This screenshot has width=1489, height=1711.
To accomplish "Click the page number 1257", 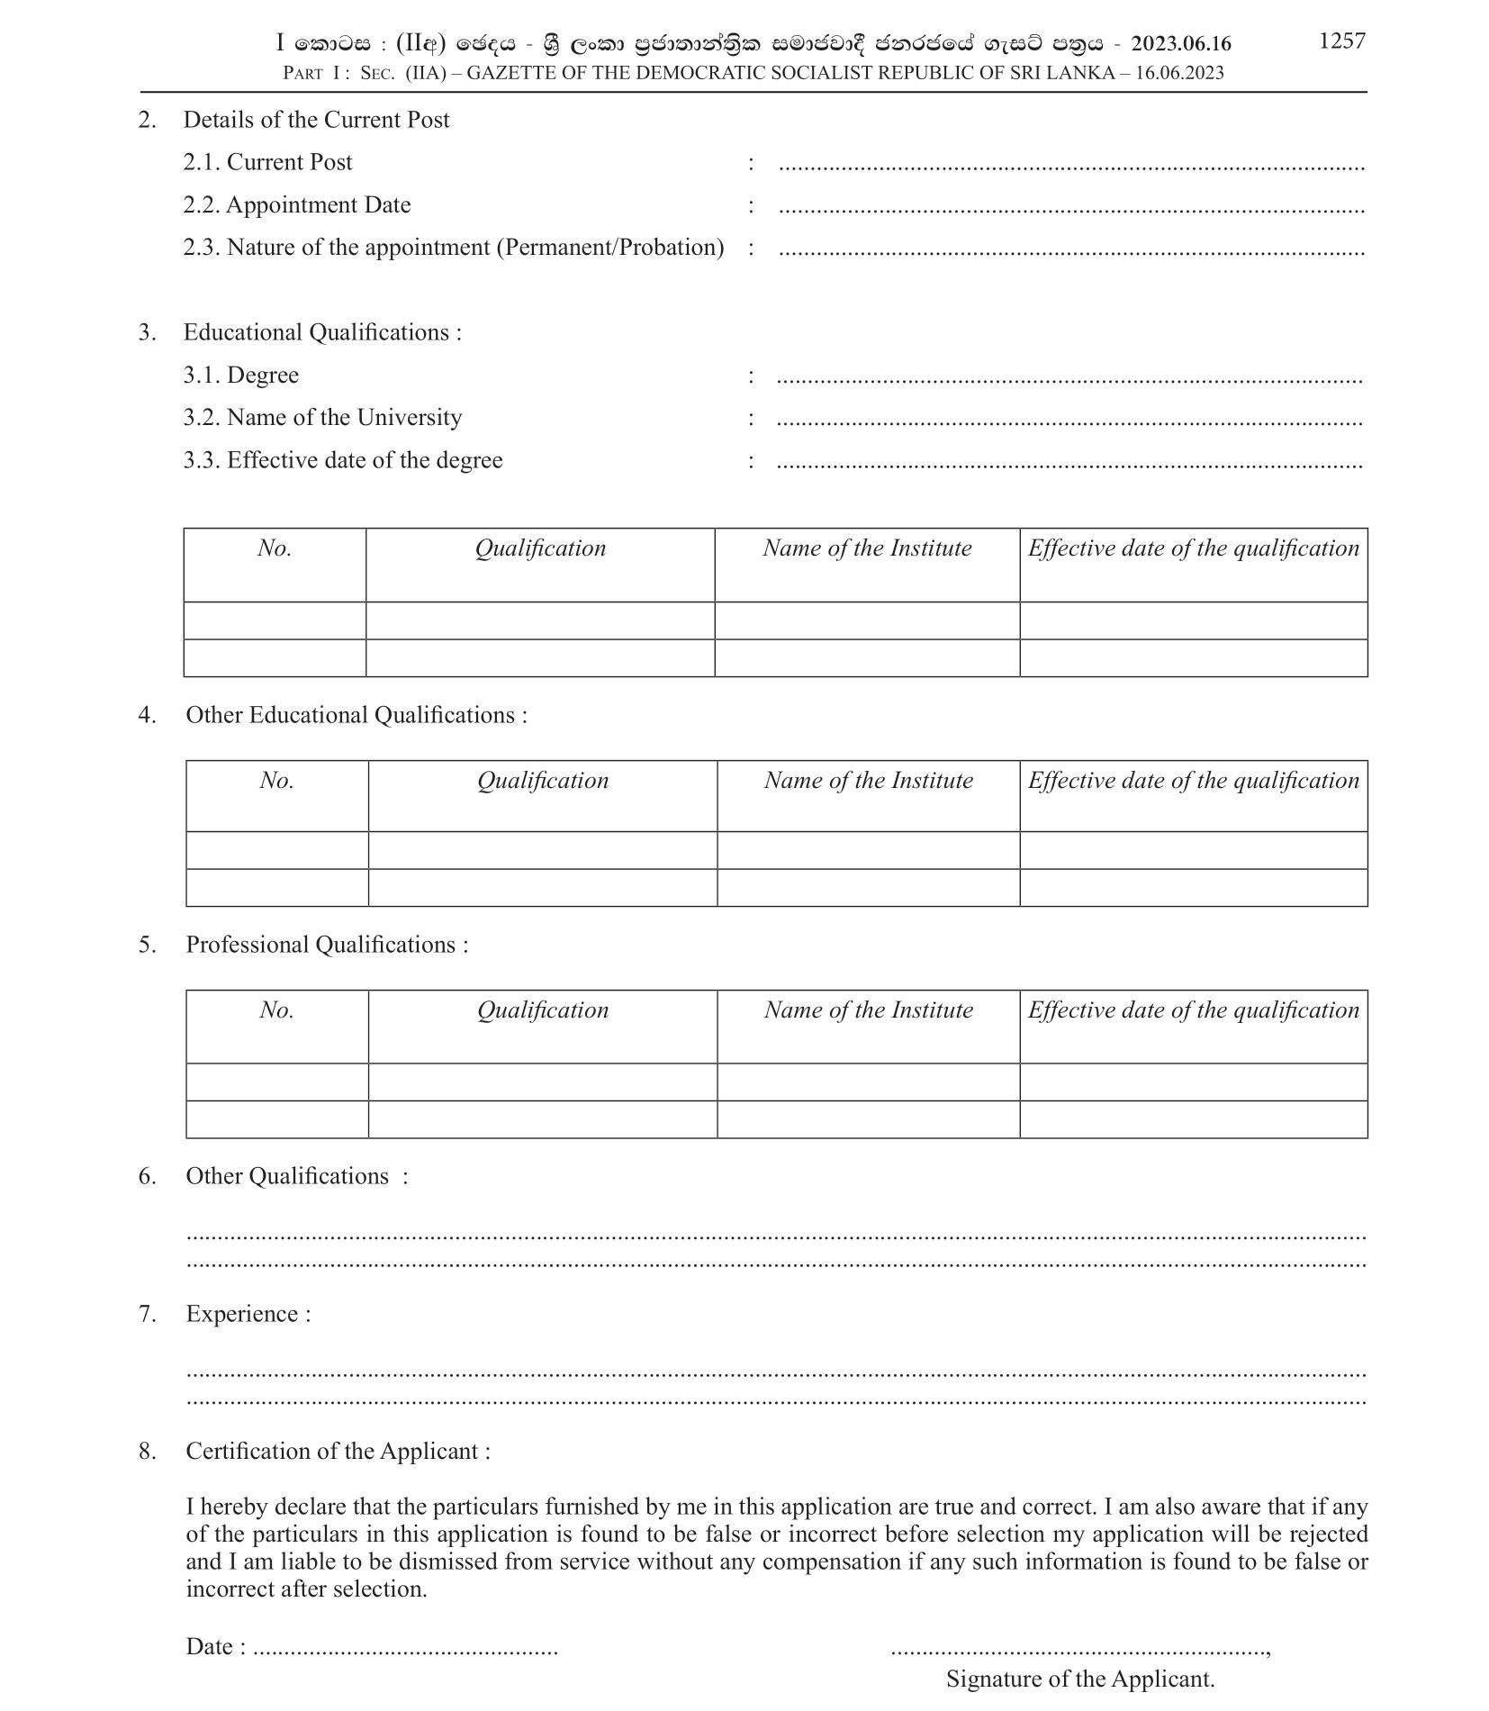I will coord(1341,41).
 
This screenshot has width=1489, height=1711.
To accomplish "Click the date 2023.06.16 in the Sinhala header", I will coord(1180,43).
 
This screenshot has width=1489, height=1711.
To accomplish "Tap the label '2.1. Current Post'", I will coord(267,162).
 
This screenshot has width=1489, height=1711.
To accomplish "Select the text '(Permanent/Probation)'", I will coord(610,247).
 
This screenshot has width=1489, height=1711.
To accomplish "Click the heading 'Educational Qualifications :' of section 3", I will coord(322,332).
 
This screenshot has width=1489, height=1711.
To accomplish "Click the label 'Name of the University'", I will coord(344,417).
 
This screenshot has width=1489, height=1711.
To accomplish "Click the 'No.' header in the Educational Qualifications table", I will coord(275,548).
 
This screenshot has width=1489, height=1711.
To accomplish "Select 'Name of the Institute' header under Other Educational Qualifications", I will coord(868,780).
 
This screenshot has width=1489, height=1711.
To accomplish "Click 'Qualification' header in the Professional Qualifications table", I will coord(543,1009).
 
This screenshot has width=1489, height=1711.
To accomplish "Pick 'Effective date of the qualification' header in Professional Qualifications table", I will coord(1193,1009).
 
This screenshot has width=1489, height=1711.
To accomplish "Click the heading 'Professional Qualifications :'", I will coord(327,945).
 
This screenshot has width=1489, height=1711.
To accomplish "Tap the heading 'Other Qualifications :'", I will coord(296,1176).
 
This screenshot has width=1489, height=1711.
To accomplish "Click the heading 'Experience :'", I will coord(248,1314).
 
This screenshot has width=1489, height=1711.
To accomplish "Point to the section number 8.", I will coord(147,1451).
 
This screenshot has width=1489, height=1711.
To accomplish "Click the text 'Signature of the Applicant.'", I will coord(1079,1679).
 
